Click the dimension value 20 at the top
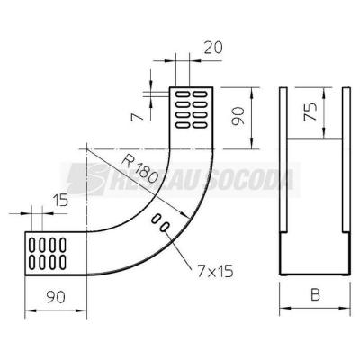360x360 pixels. coord(213,48)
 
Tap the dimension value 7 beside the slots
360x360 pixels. coord(137,117)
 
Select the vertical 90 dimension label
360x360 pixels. coord(238,117)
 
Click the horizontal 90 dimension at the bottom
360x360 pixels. coord(56,297)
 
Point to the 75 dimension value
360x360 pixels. coord(310,112)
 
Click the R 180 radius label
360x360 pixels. coord(139,170)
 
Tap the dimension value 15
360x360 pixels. coord(60,200)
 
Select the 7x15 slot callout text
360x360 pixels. coord(215,272)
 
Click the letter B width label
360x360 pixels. coord(315,294)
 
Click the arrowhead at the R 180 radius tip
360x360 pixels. coord(185,215)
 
